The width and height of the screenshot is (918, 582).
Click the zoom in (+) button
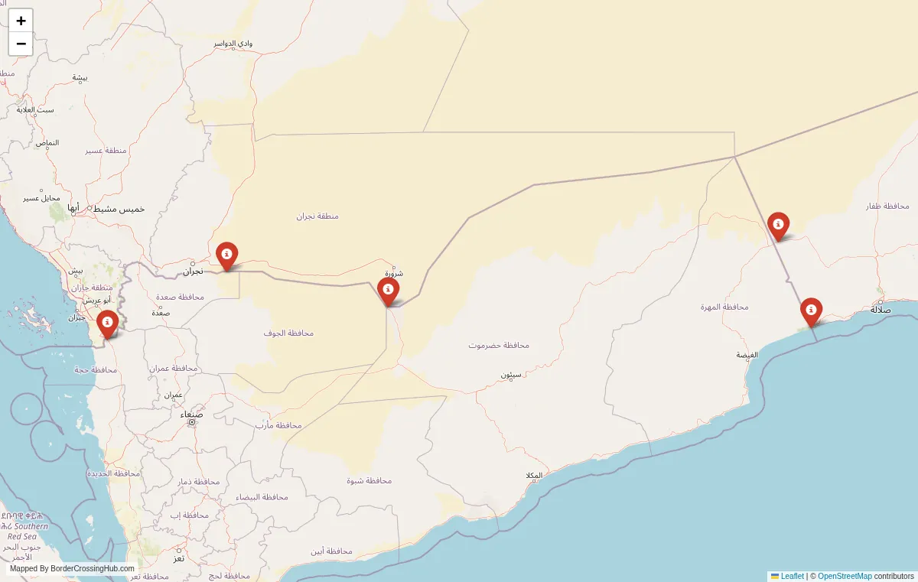click(21, 21)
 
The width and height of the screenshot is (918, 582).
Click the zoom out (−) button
click(21, 44)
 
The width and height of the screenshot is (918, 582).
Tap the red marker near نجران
click(226, 255)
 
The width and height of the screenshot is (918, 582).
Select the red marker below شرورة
click(389, 291)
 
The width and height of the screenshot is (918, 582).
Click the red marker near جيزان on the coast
click(108, 323)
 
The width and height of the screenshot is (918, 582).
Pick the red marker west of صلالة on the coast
click(811, 311)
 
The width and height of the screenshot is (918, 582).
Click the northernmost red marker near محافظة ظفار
click(778, 226)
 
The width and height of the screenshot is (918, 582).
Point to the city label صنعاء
click(192, 414)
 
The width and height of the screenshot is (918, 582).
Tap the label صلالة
click(881, 310)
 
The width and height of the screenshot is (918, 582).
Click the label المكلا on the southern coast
click(534, 476)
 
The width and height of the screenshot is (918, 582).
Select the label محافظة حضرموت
click(499, 345)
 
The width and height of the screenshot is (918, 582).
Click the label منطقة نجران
click(317, 216)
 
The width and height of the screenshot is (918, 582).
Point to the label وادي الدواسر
click(233, 44)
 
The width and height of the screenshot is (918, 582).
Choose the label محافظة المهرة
click(724, 307)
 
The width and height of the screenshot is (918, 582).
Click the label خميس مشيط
click(119, 209)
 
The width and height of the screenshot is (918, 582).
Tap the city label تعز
click(178, 558)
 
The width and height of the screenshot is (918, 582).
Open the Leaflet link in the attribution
click(792, 576)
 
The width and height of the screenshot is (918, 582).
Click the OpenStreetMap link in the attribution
click(845, 576)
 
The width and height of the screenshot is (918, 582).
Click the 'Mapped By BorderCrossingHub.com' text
click(72, 569)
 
